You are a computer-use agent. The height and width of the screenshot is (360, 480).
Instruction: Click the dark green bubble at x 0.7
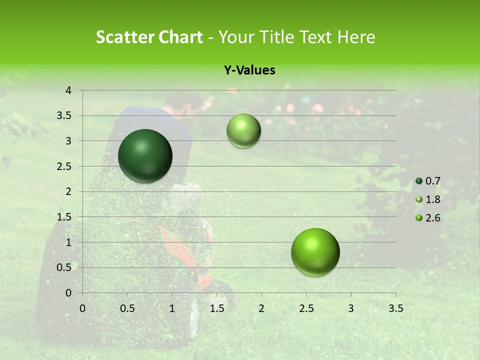click(x=145, y=156)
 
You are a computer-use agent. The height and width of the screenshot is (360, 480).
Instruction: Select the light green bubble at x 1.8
click(x=243, y=130)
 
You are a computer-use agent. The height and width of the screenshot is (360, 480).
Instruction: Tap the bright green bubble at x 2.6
click(x=315, y=252)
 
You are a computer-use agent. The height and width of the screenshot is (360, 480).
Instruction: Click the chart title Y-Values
click(x=249, y=70)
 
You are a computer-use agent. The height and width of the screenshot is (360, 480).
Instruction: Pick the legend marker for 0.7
click(x=419, y=181)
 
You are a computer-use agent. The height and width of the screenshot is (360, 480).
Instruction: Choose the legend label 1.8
click(x=433, y=199)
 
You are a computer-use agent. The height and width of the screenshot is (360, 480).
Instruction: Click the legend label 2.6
click(x=433, y=218)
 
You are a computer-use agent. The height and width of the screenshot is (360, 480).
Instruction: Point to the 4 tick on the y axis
click(x=68, y=90)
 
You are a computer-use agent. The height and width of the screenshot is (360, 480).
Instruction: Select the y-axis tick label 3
click(x=68, y=141)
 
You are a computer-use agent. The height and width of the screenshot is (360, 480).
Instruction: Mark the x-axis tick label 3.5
click(x=395, y=308)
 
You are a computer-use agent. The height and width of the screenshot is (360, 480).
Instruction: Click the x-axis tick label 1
click(x=172, y=308)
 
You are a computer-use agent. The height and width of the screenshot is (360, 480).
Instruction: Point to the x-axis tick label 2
click(x=261, y=308)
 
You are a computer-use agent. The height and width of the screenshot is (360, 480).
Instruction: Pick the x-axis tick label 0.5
click(x=127, y=308)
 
